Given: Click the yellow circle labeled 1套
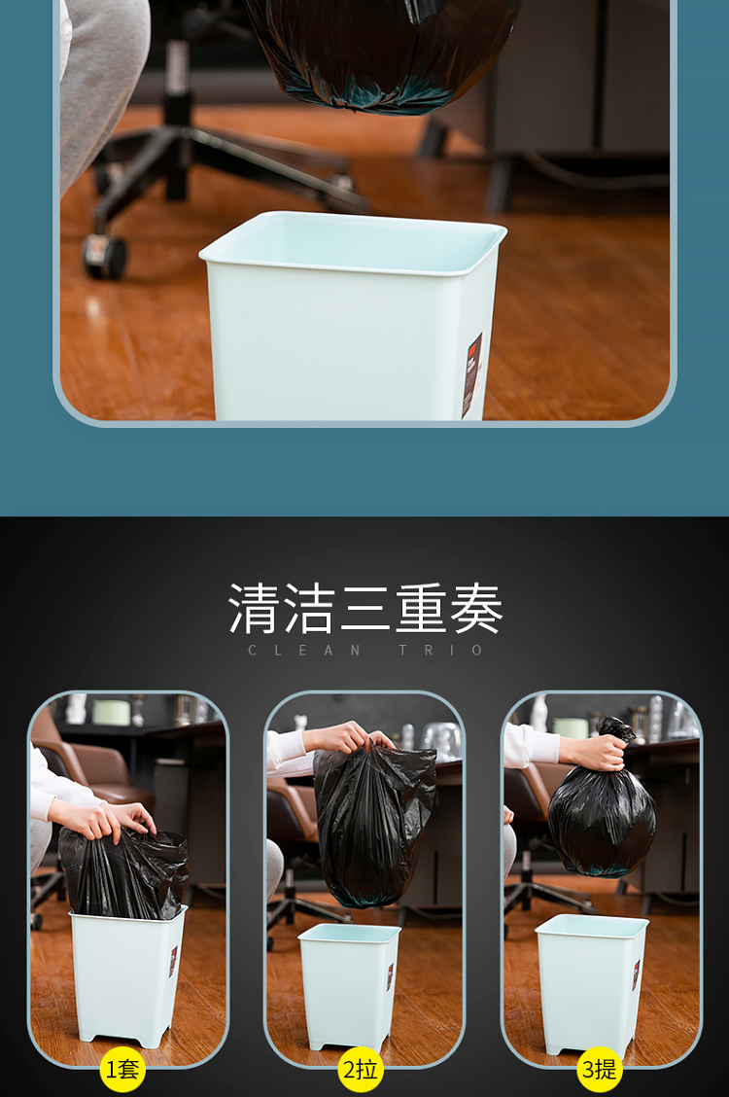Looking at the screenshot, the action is tap(122, 1069).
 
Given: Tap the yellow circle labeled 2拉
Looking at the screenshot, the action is tap(361, 1069).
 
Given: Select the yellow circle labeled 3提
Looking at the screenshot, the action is tap(599, 1069).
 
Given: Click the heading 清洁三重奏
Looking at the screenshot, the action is tap(364, 609).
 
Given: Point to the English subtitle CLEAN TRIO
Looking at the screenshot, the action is tap(364, 650).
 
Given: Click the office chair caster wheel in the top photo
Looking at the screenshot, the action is tap(105, 256).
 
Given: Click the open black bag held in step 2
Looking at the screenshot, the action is tap(374, 826).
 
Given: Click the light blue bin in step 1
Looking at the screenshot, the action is tap(126, 976).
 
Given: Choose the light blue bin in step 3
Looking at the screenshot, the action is tap(591, 983).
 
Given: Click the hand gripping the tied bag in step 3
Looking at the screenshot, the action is tap(594, 750).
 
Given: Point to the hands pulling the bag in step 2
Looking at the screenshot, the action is tap(346, 737).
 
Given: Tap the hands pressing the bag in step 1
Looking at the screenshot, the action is tap(105, 820).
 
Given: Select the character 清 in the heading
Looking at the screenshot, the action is tap(254, 609).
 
